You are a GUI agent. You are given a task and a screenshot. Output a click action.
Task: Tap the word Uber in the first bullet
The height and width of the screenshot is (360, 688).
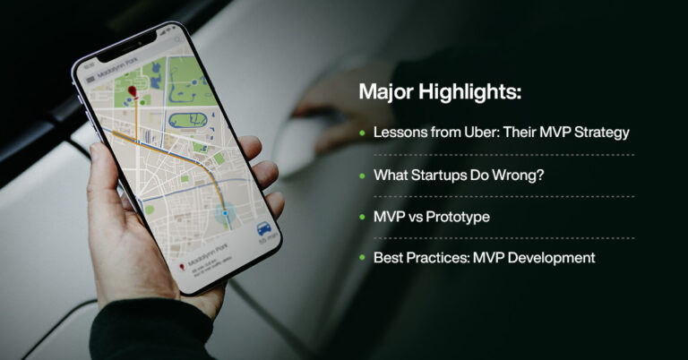click(485, 133)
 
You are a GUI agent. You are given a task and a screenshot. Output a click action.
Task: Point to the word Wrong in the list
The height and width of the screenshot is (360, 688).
click(520, 175)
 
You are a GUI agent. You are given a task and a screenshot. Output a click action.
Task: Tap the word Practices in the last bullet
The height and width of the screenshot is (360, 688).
click(434, 258)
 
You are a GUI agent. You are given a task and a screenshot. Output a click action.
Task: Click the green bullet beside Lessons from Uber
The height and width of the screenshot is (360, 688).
click(362, 133)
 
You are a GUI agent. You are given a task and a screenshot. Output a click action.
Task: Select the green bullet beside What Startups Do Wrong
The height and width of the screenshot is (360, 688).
click(362, 175)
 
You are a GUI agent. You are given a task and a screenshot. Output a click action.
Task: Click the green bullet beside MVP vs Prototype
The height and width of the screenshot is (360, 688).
click(362, 217)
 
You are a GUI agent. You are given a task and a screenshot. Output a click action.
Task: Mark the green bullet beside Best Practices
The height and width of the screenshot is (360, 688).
click(362, 258)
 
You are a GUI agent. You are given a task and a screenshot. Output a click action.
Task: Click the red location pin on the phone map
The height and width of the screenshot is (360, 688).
click(132, 92)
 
